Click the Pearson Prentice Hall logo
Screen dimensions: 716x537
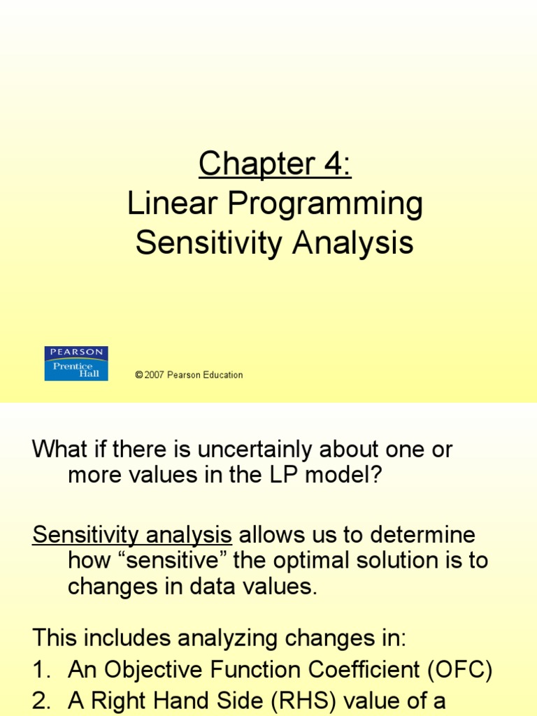tap(76, 364)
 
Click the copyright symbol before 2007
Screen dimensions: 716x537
tap(138, 375)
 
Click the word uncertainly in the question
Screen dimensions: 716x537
tap(260, 450)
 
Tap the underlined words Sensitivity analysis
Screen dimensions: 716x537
tap(132, 536)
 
